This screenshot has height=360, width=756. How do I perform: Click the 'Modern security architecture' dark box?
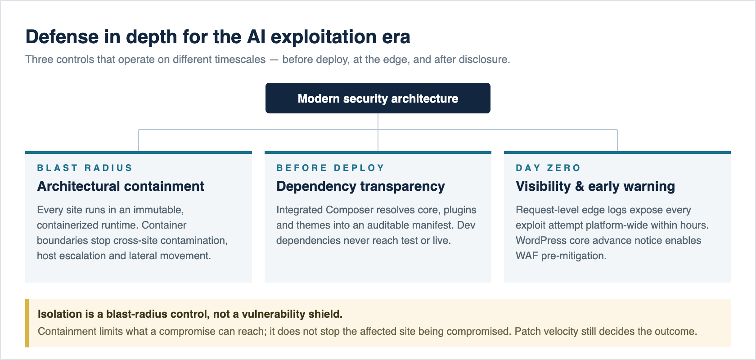coord(378,98)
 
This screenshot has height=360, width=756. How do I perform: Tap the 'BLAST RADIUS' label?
coord(85,168)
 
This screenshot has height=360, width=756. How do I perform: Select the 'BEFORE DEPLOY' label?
coord(330,168)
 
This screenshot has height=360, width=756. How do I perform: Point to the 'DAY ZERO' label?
coord(548,168)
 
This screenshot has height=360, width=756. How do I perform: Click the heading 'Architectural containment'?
coord(121,186)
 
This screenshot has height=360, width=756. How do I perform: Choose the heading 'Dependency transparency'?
coord(360,187)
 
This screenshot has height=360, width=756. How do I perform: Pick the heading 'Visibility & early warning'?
coord(595,187)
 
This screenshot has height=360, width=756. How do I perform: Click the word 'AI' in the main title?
coord(256,37)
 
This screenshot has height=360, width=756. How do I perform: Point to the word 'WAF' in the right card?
coord(527,256)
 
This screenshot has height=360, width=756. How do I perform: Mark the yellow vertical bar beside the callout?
coord(27,323)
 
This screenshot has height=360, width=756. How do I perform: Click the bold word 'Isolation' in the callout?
coord(60,314)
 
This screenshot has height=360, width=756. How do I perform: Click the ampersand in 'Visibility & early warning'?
coord(579,187)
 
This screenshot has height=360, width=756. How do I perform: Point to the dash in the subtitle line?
coord(274,60)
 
